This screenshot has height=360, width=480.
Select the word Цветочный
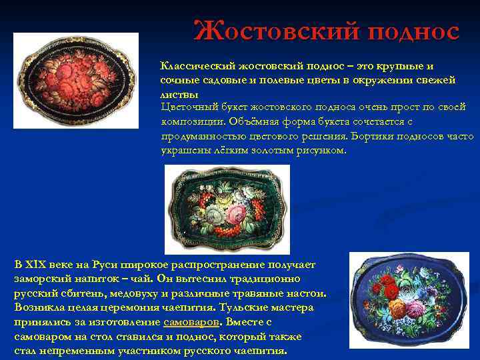[190, 107]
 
